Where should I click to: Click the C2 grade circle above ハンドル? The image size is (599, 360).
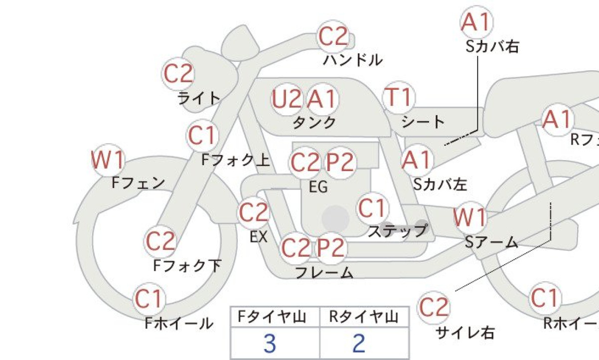pyautogui.click(x=333, y=37)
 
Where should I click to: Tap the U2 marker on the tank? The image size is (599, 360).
pyautogui.click(x=287, y=99)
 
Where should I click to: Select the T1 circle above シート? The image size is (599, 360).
pyautogui.click(x=399, y=97)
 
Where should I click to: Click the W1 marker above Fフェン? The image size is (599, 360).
pyautogui.click(x=108, y=160)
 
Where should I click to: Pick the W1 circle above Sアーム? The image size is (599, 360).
pyautogui.click(x=469, y=217)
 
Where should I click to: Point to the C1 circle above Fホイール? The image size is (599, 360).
pyautogui.click(x=149, y=299)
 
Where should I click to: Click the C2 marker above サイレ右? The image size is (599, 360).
pyautogui.click(x=434, y=307)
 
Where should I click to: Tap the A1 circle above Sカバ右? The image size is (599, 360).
pyautogui.click(x=476, y=22)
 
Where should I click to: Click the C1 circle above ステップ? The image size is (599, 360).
pyautogui.click(x=372, y=208)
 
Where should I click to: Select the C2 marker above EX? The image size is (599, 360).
pyautogui.click(x=253, y=212)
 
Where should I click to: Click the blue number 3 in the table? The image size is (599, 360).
pyautogui.click(x=270, y=344)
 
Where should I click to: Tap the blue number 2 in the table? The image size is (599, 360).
pyautogui.click(x=359, y=344)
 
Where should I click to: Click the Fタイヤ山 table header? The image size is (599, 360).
pyautogui.click(x=272, y=317)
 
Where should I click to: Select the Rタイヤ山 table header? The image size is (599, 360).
pyautogui.click(x=363, y=317)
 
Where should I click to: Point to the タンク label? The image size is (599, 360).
pyautogui.click(x=314, y=123)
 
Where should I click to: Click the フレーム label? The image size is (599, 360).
pyautogui.click(x=324, y=273)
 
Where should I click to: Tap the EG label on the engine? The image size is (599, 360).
pyautogui.click(x=318, y=187)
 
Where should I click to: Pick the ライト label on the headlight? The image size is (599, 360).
pyautogui.click(x=199, y=98)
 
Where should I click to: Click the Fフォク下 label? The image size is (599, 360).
pyautogui.click(x=187, y=266)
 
